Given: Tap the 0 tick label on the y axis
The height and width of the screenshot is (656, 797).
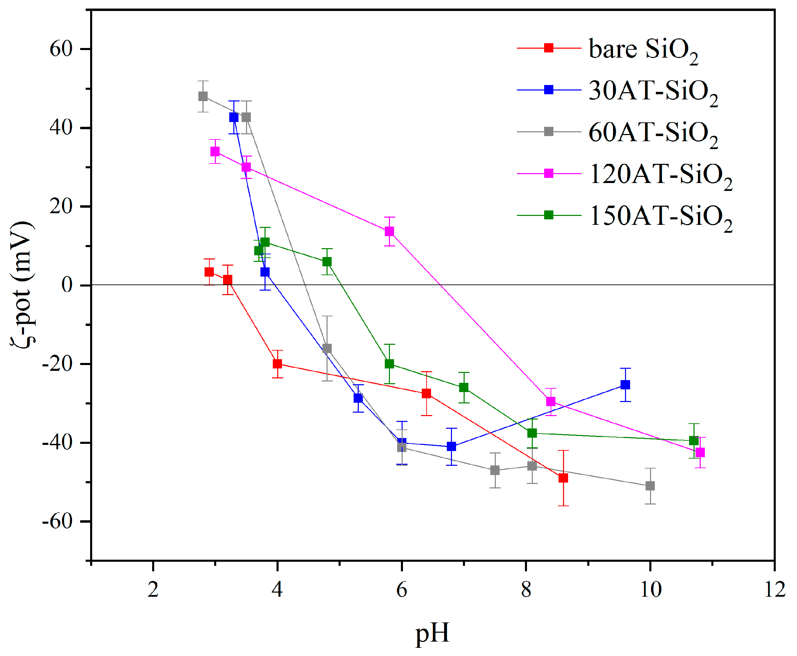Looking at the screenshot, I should coord(67,285).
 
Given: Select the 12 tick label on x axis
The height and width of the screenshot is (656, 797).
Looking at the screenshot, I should coord(774,590).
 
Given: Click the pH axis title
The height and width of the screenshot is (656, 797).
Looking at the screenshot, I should coord(432,633).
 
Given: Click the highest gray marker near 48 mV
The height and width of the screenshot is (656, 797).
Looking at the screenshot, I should coord(203,96).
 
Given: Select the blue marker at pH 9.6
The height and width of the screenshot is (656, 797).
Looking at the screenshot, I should coord(625,385).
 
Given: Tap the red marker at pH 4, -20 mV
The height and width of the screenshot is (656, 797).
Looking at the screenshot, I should coord(277,364).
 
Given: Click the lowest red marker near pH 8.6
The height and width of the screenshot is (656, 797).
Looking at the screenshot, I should coord(563,478).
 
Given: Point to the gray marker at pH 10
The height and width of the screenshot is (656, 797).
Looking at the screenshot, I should coord(650,486).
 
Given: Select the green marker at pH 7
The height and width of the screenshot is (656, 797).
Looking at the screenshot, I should coord(464,387).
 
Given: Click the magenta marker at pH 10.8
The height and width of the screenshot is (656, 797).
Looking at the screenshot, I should coord(700,452).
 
